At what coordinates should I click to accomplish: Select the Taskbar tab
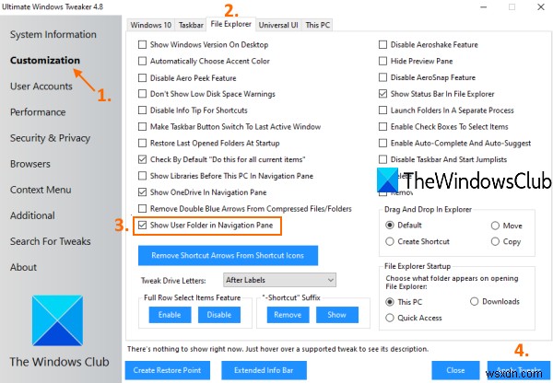[191, 24]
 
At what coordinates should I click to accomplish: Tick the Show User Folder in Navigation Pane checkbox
[142, 225]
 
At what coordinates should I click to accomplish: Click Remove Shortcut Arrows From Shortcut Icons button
[227, 254]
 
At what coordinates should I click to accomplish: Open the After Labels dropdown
[279, 279]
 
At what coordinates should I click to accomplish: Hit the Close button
[455, 369]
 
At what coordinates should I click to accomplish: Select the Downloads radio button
[475, 302]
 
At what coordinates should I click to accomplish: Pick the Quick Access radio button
[391, 319]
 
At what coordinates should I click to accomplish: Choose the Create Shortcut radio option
[391, 241]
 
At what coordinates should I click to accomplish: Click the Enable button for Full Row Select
[169, 315]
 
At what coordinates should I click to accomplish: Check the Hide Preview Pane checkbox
[383, 61]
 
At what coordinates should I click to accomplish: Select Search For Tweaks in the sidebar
[50, 241]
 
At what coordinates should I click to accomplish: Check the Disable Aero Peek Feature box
[142, 77]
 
